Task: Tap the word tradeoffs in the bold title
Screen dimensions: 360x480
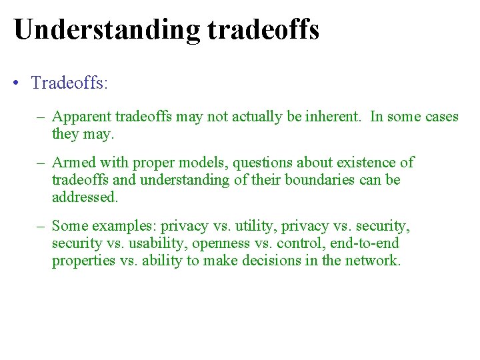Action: point(263,30)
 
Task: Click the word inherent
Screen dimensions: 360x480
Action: point(332,117)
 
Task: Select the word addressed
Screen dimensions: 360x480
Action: point(85,197)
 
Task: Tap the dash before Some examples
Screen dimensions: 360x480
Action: point(42,226)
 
